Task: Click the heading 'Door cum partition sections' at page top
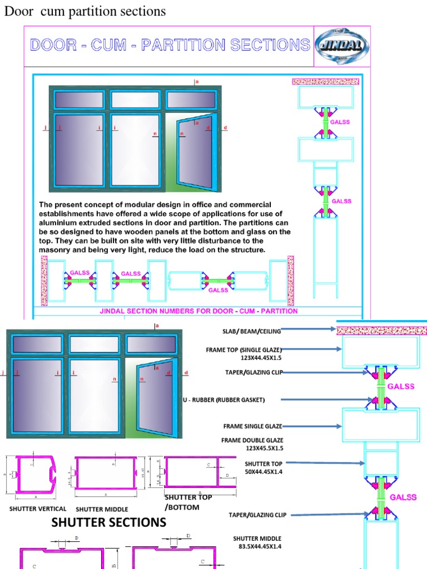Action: (x=86, y=11)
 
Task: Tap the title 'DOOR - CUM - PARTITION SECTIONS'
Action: (x=170, y=44)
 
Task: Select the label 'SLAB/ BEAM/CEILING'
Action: (x=252, y=332)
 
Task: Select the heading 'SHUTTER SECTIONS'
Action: (x=108, y=522)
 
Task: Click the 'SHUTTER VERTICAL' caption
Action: (x=38, y=508)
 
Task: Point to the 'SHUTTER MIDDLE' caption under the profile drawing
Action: (x=102, y=509)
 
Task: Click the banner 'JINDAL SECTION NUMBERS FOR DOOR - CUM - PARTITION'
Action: (x=199, y=311)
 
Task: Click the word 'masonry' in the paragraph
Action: (x=56, y=251)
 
